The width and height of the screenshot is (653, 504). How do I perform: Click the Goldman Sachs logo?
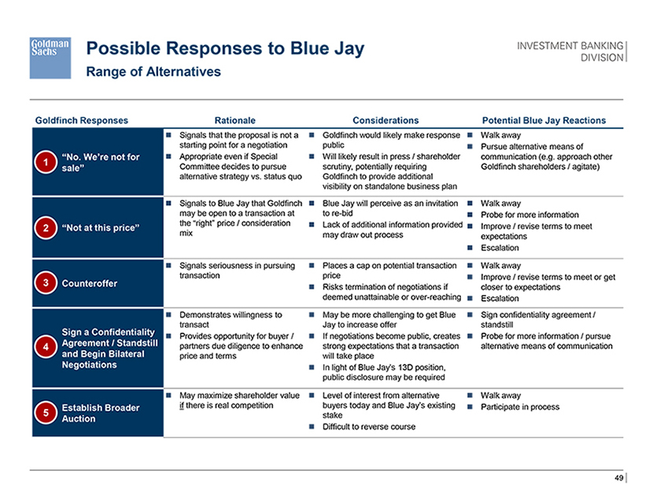(50, 58)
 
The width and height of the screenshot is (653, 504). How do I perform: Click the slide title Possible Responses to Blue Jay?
(225, 49)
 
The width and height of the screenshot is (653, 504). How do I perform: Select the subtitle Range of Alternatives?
(153, 72)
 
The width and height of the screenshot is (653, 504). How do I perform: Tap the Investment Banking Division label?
(570, 52)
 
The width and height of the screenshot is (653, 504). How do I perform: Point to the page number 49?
(619, 478)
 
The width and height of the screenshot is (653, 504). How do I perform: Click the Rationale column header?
(235, 120)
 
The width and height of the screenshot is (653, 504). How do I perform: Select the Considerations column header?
(386, 120)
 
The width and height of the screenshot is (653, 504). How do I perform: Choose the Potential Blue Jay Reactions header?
(544, 120)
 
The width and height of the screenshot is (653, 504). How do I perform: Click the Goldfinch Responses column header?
(82, 120)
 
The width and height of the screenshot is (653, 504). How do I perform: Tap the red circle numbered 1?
(46, 162)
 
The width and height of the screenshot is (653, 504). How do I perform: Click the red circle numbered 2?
(46, 228)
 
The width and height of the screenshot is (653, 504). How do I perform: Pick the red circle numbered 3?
(46, 283)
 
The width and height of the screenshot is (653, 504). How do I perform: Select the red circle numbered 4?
(46, 347)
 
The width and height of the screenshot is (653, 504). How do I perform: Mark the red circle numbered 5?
(46, 413)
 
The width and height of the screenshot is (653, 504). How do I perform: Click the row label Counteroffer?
(90, 283)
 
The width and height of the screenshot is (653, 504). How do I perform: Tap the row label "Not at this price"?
(101, 228)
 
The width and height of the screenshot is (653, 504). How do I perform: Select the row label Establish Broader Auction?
(101, 414)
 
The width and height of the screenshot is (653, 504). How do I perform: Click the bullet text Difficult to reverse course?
(369, 427)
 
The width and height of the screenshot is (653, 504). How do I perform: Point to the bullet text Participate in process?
(520, 407)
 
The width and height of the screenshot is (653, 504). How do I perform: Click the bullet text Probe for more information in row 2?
(529, 215)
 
